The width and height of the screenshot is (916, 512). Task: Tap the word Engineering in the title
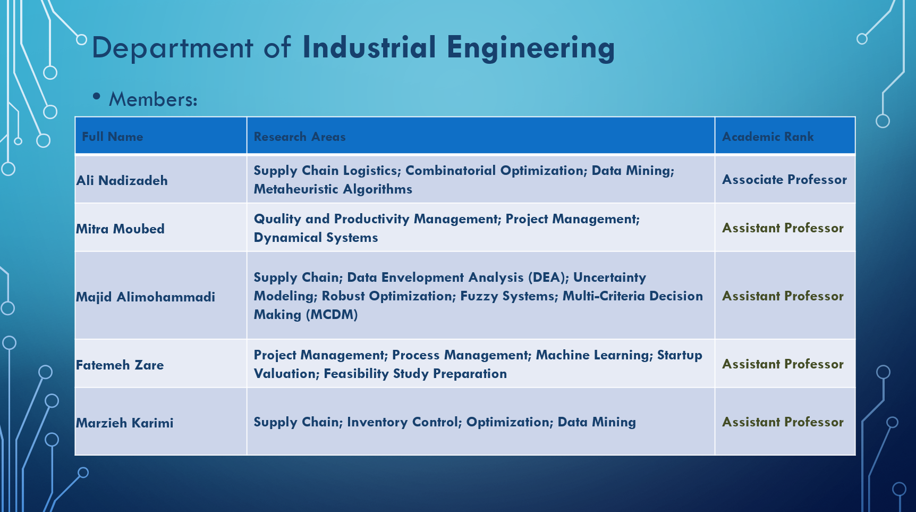click(531, 48)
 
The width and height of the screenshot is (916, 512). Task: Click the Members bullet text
click(153, 99)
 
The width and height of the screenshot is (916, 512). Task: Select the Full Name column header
click(113, 137)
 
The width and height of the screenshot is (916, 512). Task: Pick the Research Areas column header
click(300, 137)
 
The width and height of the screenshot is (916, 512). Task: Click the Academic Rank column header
click(768, 137)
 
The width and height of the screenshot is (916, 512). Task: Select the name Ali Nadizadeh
click(122, 180)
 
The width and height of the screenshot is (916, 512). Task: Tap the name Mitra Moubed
click(121, 229)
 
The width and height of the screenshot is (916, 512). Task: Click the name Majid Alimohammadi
click(146, 297)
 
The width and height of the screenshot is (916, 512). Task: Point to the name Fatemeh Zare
click(120, 365)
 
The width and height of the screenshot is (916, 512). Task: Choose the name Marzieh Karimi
click(125, 423)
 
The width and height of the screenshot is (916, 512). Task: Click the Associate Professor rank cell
click(784, 179)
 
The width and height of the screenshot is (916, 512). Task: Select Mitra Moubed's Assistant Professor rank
click(783, 228)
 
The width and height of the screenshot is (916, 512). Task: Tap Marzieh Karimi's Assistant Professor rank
click(783, 422)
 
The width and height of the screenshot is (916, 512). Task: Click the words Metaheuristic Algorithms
click(333, 189)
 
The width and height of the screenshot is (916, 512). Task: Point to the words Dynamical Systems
click(316, 238)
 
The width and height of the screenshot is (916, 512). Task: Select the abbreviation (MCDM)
click(332, 315)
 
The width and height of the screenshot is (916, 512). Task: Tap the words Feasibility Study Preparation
click(415, 374)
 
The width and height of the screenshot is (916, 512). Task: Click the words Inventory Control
click(404, 422)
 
